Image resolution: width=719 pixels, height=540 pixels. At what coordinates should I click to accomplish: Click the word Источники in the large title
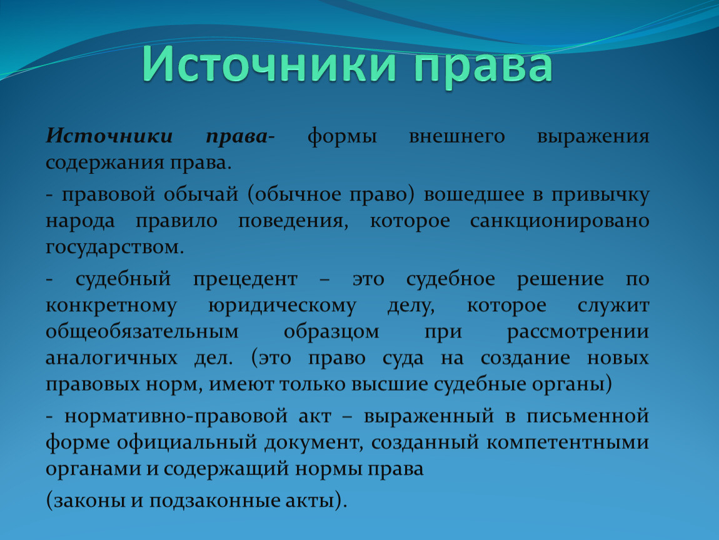pos(269,64)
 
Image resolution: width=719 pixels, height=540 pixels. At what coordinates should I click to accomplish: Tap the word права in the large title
pos(483,67)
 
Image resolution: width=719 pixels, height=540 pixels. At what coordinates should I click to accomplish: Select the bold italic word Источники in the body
pos(109,136)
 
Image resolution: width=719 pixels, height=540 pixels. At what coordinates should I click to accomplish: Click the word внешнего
pos(456,136)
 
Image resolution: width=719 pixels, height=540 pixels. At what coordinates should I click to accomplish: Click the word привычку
pos(600,196)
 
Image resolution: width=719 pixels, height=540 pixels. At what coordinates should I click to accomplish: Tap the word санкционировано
pos(560,222)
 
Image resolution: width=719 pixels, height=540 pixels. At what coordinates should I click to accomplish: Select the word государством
pos(114,248)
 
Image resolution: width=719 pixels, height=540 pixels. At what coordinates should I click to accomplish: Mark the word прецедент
pos(245,280)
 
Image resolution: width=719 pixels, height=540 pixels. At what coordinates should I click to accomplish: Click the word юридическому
pos(282,306)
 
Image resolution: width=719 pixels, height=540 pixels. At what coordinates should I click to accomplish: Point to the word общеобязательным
pos(142,331)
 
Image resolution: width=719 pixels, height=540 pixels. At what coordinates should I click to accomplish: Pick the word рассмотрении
pos(578,332)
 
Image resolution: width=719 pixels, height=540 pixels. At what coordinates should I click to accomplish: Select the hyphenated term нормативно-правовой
pos(176,417)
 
